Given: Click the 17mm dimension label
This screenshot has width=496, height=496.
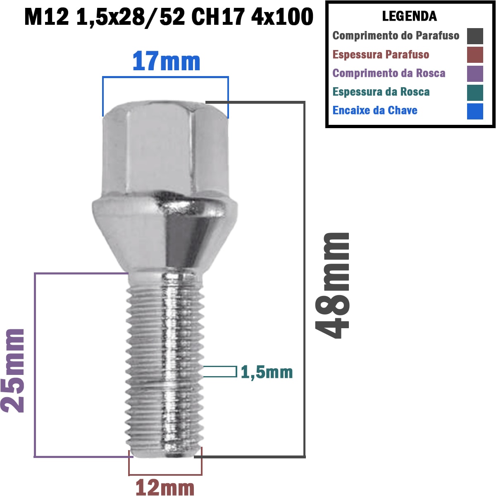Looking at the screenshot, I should pyautogui.click(x=166, y=62).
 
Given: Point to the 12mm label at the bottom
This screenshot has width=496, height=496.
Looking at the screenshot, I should pyautogui.click(x=165, y=487).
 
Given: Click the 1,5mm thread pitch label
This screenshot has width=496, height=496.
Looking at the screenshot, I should pyautogui.click(x=267, y=372).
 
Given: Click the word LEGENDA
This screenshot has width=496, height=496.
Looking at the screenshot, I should pyautogui.click(x=409, y=16).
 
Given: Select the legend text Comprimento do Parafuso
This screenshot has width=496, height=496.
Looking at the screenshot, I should pyautogui.click(x=396, y=36).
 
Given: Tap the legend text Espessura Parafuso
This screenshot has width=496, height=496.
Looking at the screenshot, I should pyautogui.click(x=381, y=55).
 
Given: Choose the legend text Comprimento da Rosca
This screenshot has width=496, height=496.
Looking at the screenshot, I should pyautogui.click(x=389, y=73).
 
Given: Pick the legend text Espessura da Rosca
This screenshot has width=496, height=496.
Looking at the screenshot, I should pyautogui.click(x=381, y=92).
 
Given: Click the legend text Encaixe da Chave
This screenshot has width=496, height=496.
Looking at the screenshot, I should pyautogui.click(x=375, y=110).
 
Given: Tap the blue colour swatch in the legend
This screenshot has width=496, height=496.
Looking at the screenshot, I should pyautogui.click(x=475, y=111).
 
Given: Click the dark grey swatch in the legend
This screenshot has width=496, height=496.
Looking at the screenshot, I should pyautogui.click(x=475, y=36).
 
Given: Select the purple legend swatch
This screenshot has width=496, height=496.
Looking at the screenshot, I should pyautogui.click(x=475, y=74).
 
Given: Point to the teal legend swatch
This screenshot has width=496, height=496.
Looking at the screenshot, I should pyautogui.click(x=475, y=93).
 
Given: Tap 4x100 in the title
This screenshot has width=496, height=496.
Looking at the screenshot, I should pyautogui.click(x=282, y=17).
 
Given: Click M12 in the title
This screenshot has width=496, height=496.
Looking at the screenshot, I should pyautogui.click(x=46, y=17).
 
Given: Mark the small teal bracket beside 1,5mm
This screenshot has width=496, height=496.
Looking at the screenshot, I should pyautogui.click(x=220, y=372).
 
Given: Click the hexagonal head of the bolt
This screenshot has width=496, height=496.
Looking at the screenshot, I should pyautogui.click(x=165, y=149).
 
